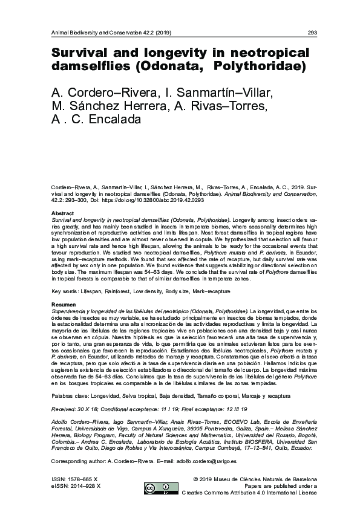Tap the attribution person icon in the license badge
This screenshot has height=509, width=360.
click(x=166, y=487)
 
